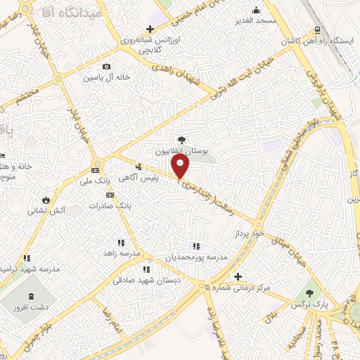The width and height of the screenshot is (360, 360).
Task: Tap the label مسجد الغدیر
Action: [x=256, y=21]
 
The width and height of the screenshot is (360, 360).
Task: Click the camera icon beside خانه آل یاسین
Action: [x=107, y=67]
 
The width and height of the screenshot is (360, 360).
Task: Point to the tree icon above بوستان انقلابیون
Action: [x=181, y=140]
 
